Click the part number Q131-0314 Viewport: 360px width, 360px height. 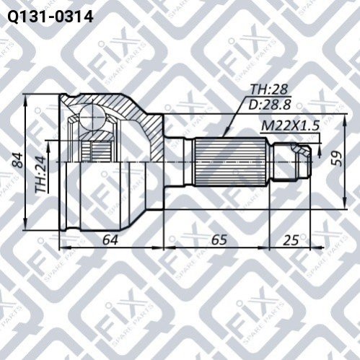coord(51,17)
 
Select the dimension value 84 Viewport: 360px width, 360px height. coord(18,160)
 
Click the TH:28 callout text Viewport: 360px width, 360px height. coord(268,89)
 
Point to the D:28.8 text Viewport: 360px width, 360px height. coord(270,105)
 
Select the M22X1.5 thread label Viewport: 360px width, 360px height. coord(290,126)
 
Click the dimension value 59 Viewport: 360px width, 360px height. coord(336,159)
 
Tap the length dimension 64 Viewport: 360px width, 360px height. coord(110,240)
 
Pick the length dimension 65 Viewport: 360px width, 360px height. coord(219,240)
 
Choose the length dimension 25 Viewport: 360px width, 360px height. coord(291,240)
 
